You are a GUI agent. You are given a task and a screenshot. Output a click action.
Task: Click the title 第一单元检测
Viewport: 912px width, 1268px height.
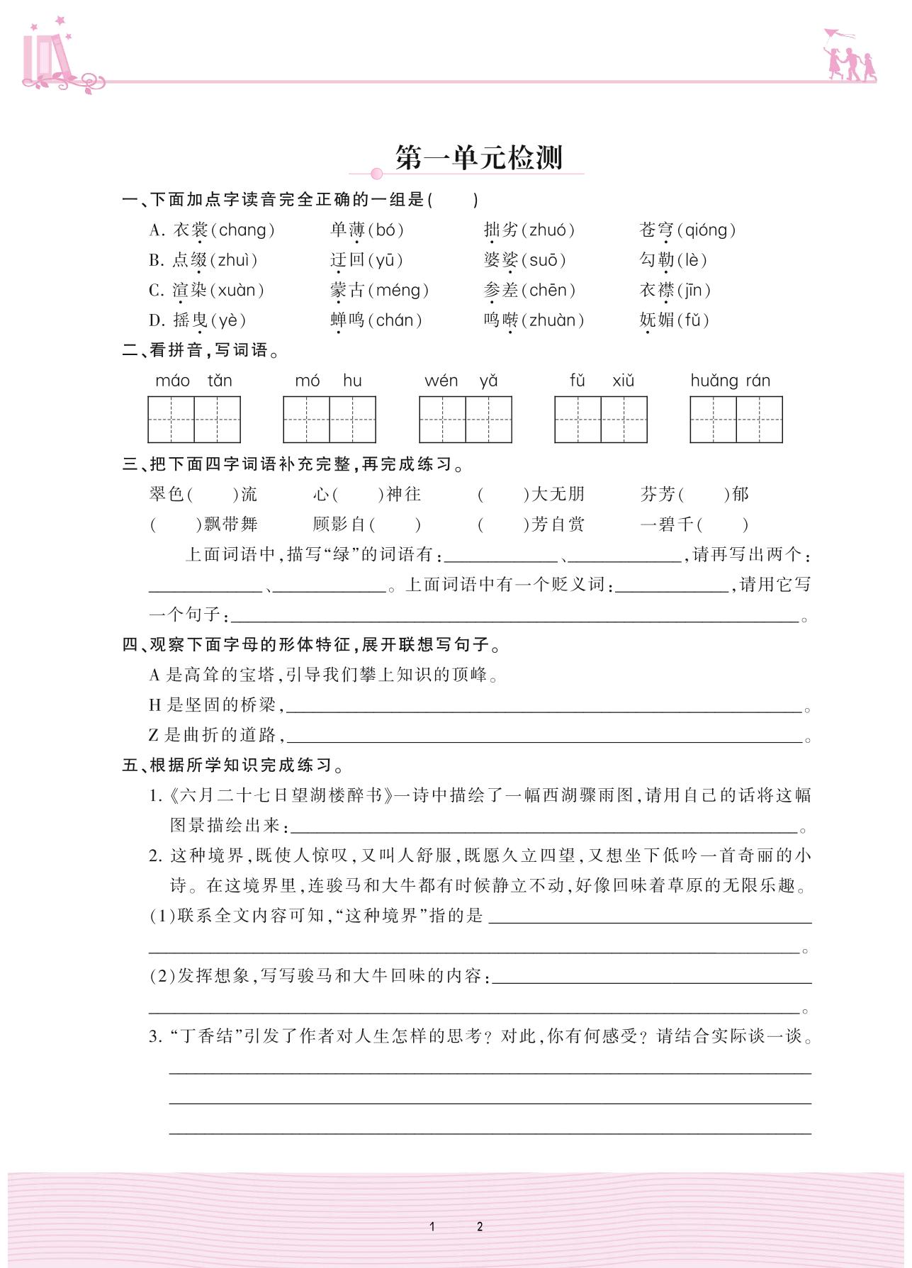(x=478, y=157)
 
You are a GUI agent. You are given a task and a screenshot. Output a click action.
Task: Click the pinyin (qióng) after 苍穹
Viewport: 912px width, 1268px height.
(x=706, y=230)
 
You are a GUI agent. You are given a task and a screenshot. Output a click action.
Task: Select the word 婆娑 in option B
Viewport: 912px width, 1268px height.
(x=501, y=260)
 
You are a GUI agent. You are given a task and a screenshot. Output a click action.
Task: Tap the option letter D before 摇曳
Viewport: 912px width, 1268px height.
(x=156, y=320)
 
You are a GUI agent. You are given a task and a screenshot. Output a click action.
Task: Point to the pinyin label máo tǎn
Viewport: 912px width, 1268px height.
(x=193, y=381)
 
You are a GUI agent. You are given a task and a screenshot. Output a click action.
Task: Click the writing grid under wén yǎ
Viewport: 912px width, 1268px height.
(x=465, y=420)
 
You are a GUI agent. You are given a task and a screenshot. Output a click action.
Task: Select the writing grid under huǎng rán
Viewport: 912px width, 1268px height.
(x=736, y=420)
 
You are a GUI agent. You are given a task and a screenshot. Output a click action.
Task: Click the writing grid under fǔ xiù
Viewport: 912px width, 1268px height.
(x=600, y=420)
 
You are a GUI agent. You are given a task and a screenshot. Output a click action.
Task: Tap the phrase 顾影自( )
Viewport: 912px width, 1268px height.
(x=366, y=524)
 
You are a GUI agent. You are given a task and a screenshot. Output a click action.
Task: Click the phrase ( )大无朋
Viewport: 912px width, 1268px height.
(x=531, y=494)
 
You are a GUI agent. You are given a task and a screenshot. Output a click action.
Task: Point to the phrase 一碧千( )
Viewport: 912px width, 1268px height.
(x=694, y=524)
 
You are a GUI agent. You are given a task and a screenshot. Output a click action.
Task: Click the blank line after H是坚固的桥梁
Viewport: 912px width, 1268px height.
(x=544, y=706)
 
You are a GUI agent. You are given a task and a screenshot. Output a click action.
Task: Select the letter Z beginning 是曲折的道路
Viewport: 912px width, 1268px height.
(x=154, y=736)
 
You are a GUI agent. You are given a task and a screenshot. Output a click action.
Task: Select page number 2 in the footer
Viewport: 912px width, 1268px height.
(x=480, y=1226)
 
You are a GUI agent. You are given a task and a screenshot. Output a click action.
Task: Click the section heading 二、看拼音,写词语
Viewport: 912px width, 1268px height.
(x=201, y=350)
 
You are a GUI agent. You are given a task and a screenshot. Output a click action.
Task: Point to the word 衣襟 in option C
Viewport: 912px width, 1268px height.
(x=656, y=290)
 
